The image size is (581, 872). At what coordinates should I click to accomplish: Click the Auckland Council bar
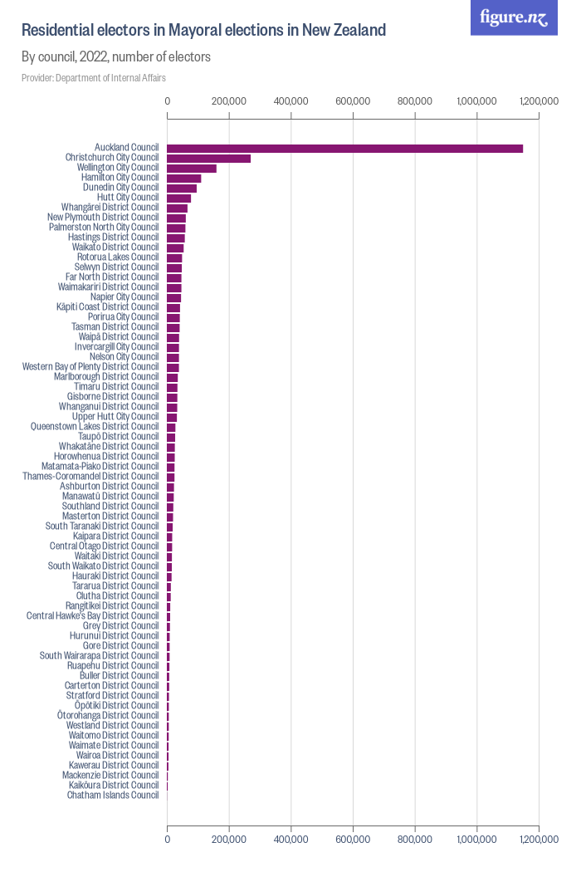pyautogui.click(x=344, y=148)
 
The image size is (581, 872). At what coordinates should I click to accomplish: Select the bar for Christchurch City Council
pyautogui.click(x=208, y=158)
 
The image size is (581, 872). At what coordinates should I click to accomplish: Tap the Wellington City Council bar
pyautogui.click(x=192, y=168)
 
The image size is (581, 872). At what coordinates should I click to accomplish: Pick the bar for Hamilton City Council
pyautogui.click(x=184, y=178)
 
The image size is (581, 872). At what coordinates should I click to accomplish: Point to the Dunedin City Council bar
pyautogui.click(x=182, y=188)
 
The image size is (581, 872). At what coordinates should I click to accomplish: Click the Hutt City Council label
pyautogui.click(x=127, y=198)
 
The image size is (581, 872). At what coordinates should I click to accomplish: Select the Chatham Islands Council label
pyautogui.click(x=113, y=796)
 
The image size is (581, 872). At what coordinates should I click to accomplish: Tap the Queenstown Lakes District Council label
pyautogui.click(x=94, y=427)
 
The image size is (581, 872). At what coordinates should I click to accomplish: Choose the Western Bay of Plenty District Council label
pyautogui.click(x=90, y=367)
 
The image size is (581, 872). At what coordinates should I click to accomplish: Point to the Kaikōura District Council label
pyautogui.click(x=114, y=786)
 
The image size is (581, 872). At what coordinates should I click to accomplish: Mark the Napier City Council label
pyautogui.click(x=124, y=297)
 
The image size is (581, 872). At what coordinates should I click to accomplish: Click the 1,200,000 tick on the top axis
pyautogui.click(x=539, y=101)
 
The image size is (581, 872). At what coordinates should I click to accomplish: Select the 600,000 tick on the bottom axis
pyautogui.click(x=353, y=840)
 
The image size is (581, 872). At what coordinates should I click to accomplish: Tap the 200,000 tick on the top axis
pyautogui.click(x=229, y=101)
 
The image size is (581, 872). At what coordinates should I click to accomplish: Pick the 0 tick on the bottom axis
pyautogui.click(x=168, y=840)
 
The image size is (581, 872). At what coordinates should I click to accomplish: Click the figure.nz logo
pyautogui.click(x=514, y=17)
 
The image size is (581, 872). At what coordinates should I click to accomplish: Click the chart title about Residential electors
pyautogui.click(x=203, y=31)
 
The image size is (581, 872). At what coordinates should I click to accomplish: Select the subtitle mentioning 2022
pyautogui.click(x=115, y=57)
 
